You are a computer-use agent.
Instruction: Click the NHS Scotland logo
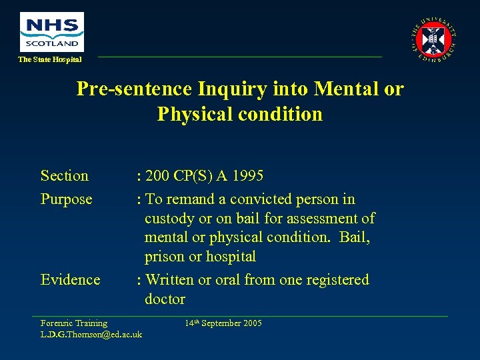click(52, 31)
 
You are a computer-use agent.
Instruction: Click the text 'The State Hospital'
click(50, 60)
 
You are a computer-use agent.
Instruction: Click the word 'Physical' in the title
click(195, 114)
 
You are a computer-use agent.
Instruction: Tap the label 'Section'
click(65, 176)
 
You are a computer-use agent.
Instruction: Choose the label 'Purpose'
click(67, 199)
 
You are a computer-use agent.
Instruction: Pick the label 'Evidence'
click(71, 280)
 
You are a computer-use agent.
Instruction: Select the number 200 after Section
click(157, 176)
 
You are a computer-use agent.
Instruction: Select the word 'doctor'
click(165, 299)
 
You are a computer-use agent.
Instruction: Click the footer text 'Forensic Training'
click(74, 323)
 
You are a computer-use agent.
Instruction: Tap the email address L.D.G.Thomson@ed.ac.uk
click(91, 334)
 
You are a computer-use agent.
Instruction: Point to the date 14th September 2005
click(223, 323)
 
